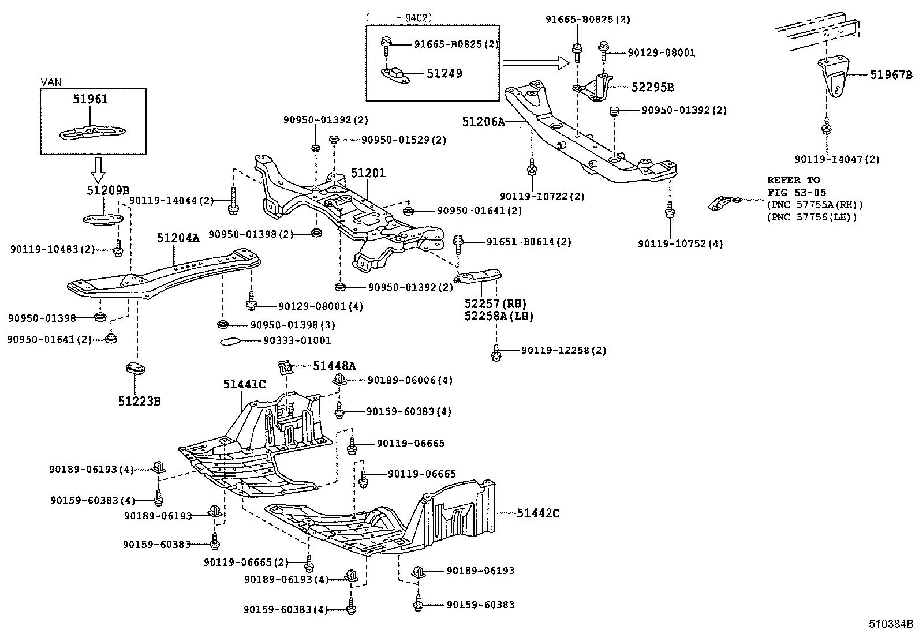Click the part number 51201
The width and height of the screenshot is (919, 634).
[x=368, y=173]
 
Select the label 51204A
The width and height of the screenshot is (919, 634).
[x=178, y=238]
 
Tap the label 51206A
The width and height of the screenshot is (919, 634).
[x=483, y=122]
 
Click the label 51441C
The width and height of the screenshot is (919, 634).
[x=245, y=384]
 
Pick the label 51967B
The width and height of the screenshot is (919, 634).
[x=892, y=75]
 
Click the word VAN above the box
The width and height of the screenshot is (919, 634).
[x=51, y=82]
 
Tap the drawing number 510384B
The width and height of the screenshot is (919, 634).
[x=892, y=624]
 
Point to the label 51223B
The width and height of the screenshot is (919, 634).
[x=139, y=401]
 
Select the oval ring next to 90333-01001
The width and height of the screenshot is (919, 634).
[x=232, y=341]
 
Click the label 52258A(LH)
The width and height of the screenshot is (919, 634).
[x=499, y=316]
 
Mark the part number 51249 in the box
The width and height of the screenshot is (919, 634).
[x=444, y=73]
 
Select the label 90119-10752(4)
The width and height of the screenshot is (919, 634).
[x=680, y=244]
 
